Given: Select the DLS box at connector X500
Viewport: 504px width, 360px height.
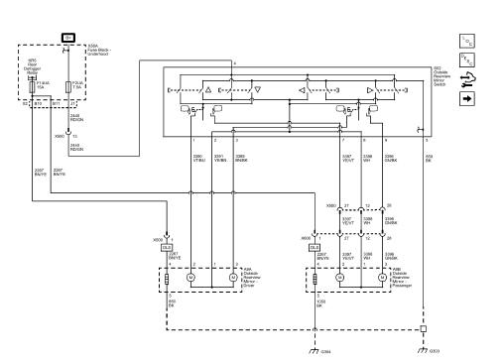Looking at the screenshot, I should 167,247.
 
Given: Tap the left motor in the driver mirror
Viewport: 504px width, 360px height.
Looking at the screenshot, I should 191,279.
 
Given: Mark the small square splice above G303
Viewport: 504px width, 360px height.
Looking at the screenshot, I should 424,328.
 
